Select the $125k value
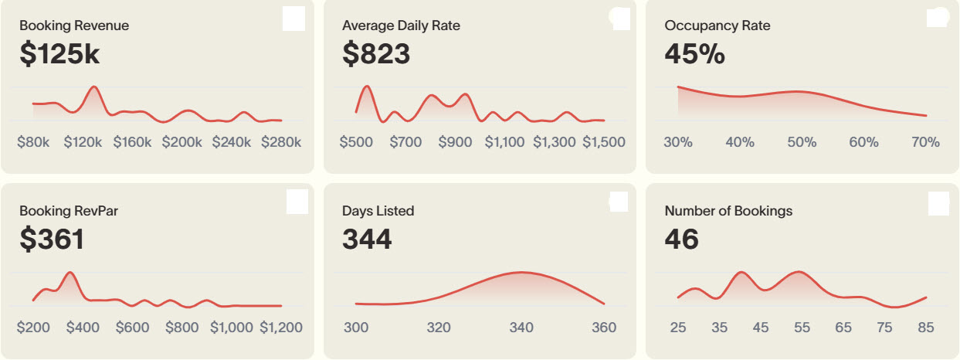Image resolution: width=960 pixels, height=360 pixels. click(60, 55)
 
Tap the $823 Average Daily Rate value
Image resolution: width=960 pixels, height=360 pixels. click(376, 55)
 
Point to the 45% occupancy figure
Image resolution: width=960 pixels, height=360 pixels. click(694, 55)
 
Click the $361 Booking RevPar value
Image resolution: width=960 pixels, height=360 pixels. click(52, 239)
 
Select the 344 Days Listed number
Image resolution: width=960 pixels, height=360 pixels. click(367, 239)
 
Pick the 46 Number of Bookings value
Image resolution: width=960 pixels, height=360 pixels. click(681, 239)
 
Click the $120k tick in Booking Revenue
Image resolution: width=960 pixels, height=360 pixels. click(83, 142)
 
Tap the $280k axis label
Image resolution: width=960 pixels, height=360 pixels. click(281, 142)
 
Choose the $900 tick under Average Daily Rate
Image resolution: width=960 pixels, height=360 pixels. click(455, 142)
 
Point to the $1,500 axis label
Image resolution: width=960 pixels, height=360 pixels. click(603, 142)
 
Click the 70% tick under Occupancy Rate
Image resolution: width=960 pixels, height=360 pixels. click(925, 142)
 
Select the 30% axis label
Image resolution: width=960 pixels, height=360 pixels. click(677, 142)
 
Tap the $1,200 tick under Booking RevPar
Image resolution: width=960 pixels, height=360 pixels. click(280, 328)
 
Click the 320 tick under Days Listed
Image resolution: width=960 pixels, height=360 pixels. click(439, 328)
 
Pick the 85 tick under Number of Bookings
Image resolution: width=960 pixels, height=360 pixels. click(925, 328)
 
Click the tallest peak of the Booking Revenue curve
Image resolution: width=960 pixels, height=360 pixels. click(93, 87)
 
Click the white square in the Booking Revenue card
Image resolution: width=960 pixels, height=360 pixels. click(294, 19)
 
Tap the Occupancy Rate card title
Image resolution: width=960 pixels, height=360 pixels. click(717, 25)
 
